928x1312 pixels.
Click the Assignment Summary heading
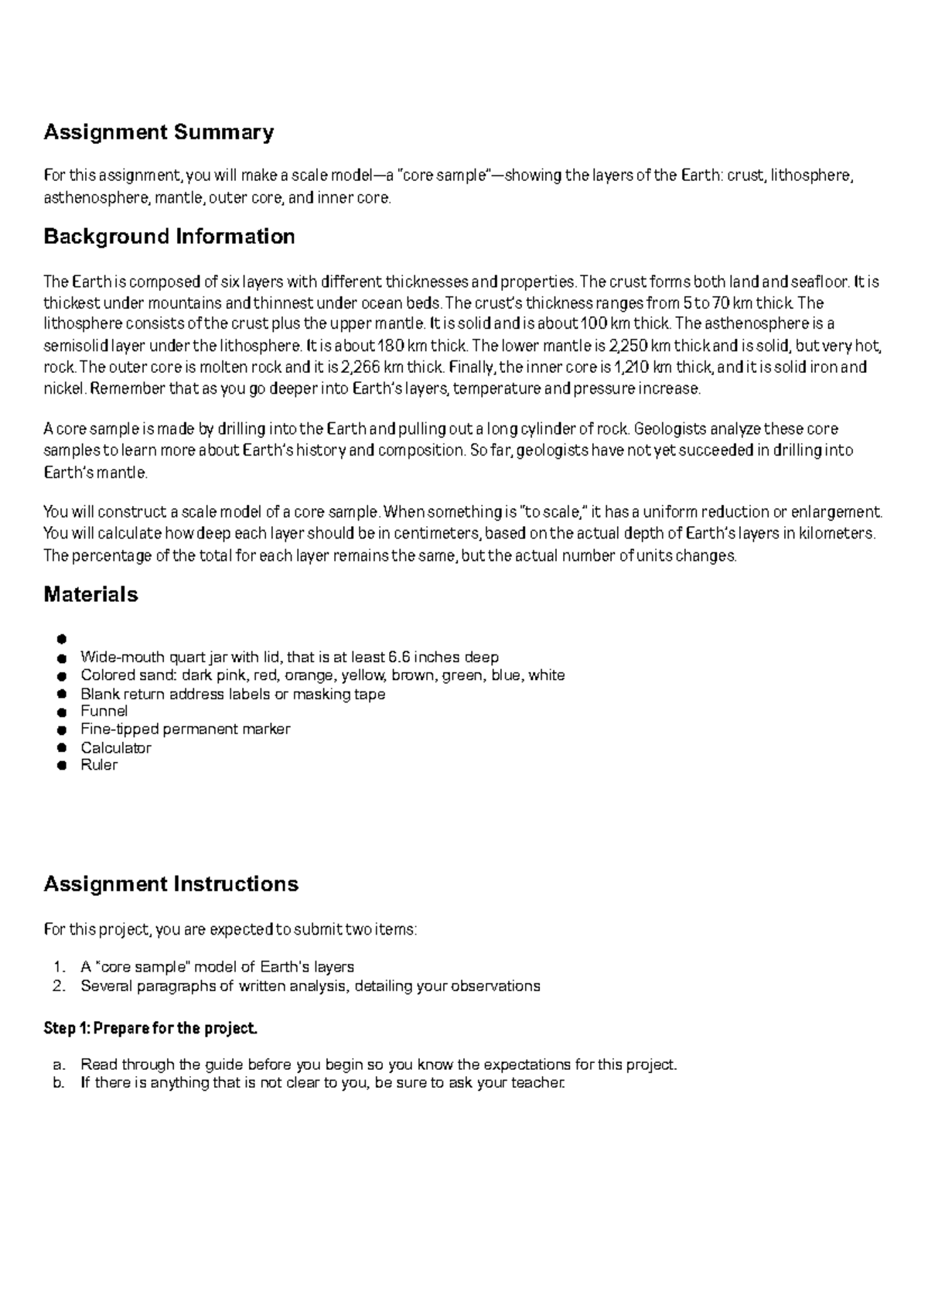tap(159, 133)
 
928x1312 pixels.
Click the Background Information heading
tap(169, 237)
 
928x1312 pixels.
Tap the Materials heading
tap(90, 595)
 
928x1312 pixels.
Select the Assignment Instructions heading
tap(171, 884)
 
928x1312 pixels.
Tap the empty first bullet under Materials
tap(62, 639)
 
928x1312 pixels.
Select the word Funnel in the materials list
tap(104, 711)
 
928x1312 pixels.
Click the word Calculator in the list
tap(116, 748)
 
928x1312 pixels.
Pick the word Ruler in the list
tap(99, 765)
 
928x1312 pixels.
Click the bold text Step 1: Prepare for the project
tap(150, 1029)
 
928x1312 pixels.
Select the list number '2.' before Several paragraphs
tap(60, 986)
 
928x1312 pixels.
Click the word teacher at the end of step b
tap(538, 1083)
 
